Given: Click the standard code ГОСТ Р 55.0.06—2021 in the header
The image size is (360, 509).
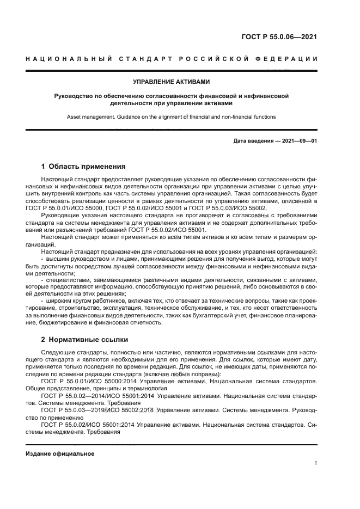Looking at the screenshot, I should [x=279, y=37].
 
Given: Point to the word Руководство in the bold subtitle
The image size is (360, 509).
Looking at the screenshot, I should [x=74, y=96].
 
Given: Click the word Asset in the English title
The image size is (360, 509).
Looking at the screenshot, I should [x=75, y=116].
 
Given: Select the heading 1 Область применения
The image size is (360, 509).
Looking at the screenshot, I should [x=83, y=167].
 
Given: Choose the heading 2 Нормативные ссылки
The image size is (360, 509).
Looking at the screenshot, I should [x=84, y=339].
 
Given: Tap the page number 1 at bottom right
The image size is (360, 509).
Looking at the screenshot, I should [x=315, y=463].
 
